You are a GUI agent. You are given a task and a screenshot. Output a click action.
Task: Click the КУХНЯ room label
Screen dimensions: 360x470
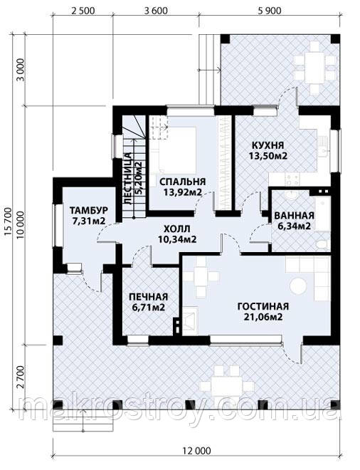[x=268, y=146]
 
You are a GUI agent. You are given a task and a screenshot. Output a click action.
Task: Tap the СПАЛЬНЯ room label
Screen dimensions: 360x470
[x=182, y=182]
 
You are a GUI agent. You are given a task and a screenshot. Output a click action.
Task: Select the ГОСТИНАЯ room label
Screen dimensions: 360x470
[x=263, y=306]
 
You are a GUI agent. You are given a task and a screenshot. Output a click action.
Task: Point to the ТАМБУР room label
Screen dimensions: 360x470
[x=89, y=210]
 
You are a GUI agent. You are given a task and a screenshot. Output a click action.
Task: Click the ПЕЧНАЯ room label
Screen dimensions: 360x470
[x=148, y=297]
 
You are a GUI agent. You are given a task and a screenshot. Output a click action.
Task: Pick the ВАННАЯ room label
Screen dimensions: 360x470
[x=294, y=216]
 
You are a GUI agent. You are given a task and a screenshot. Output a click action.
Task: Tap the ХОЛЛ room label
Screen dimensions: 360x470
[x=176, y=229]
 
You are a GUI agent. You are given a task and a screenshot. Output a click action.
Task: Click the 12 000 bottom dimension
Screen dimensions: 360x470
[x=196, y=451]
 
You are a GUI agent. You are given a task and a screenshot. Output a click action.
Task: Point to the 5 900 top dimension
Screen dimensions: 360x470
[x=269, y=11]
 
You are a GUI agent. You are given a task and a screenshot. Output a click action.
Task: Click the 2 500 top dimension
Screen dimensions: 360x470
[x=83, y=11]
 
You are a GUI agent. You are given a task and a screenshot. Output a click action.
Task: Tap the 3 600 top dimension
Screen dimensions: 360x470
[x=156, y=11]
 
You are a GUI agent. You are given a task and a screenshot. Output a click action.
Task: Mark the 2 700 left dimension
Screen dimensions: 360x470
[x=21, y=377]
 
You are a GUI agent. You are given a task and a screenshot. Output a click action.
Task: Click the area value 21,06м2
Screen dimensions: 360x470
[x=263, y=317]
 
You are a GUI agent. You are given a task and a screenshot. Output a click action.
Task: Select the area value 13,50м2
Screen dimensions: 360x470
[x=268, y=156]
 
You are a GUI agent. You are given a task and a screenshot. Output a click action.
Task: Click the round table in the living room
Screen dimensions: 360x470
[x=298, y=286]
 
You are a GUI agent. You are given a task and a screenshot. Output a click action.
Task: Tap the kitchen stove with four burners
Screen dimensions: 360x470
[x=292, y=179]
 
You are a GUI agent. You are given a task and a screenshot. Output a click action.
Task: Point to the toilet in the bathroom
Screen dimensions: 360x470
[x=322, y=244]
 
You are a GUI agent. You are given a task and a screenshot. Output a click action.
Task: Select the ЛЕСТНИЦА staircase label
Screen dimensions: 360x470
[x=128, y=178]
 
